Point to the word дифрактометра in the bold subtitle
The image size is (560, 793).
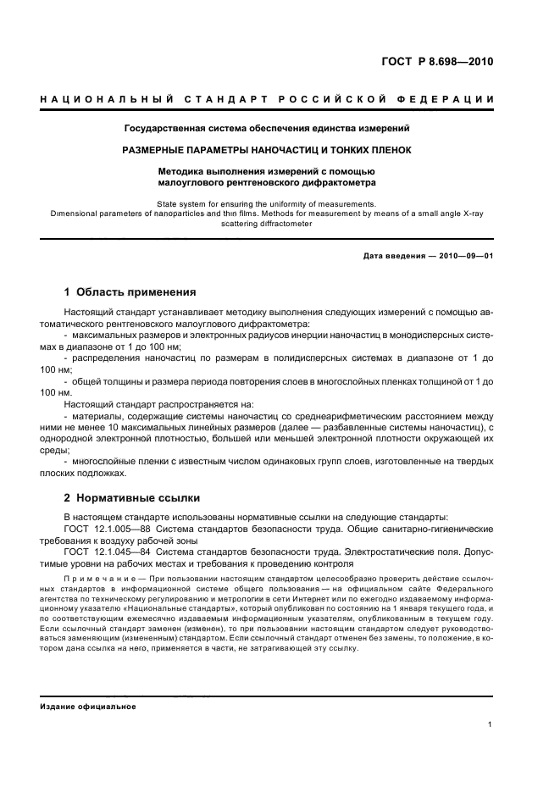click(332, 181)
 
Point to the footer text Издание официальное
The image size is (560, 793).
click(88, 706)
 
